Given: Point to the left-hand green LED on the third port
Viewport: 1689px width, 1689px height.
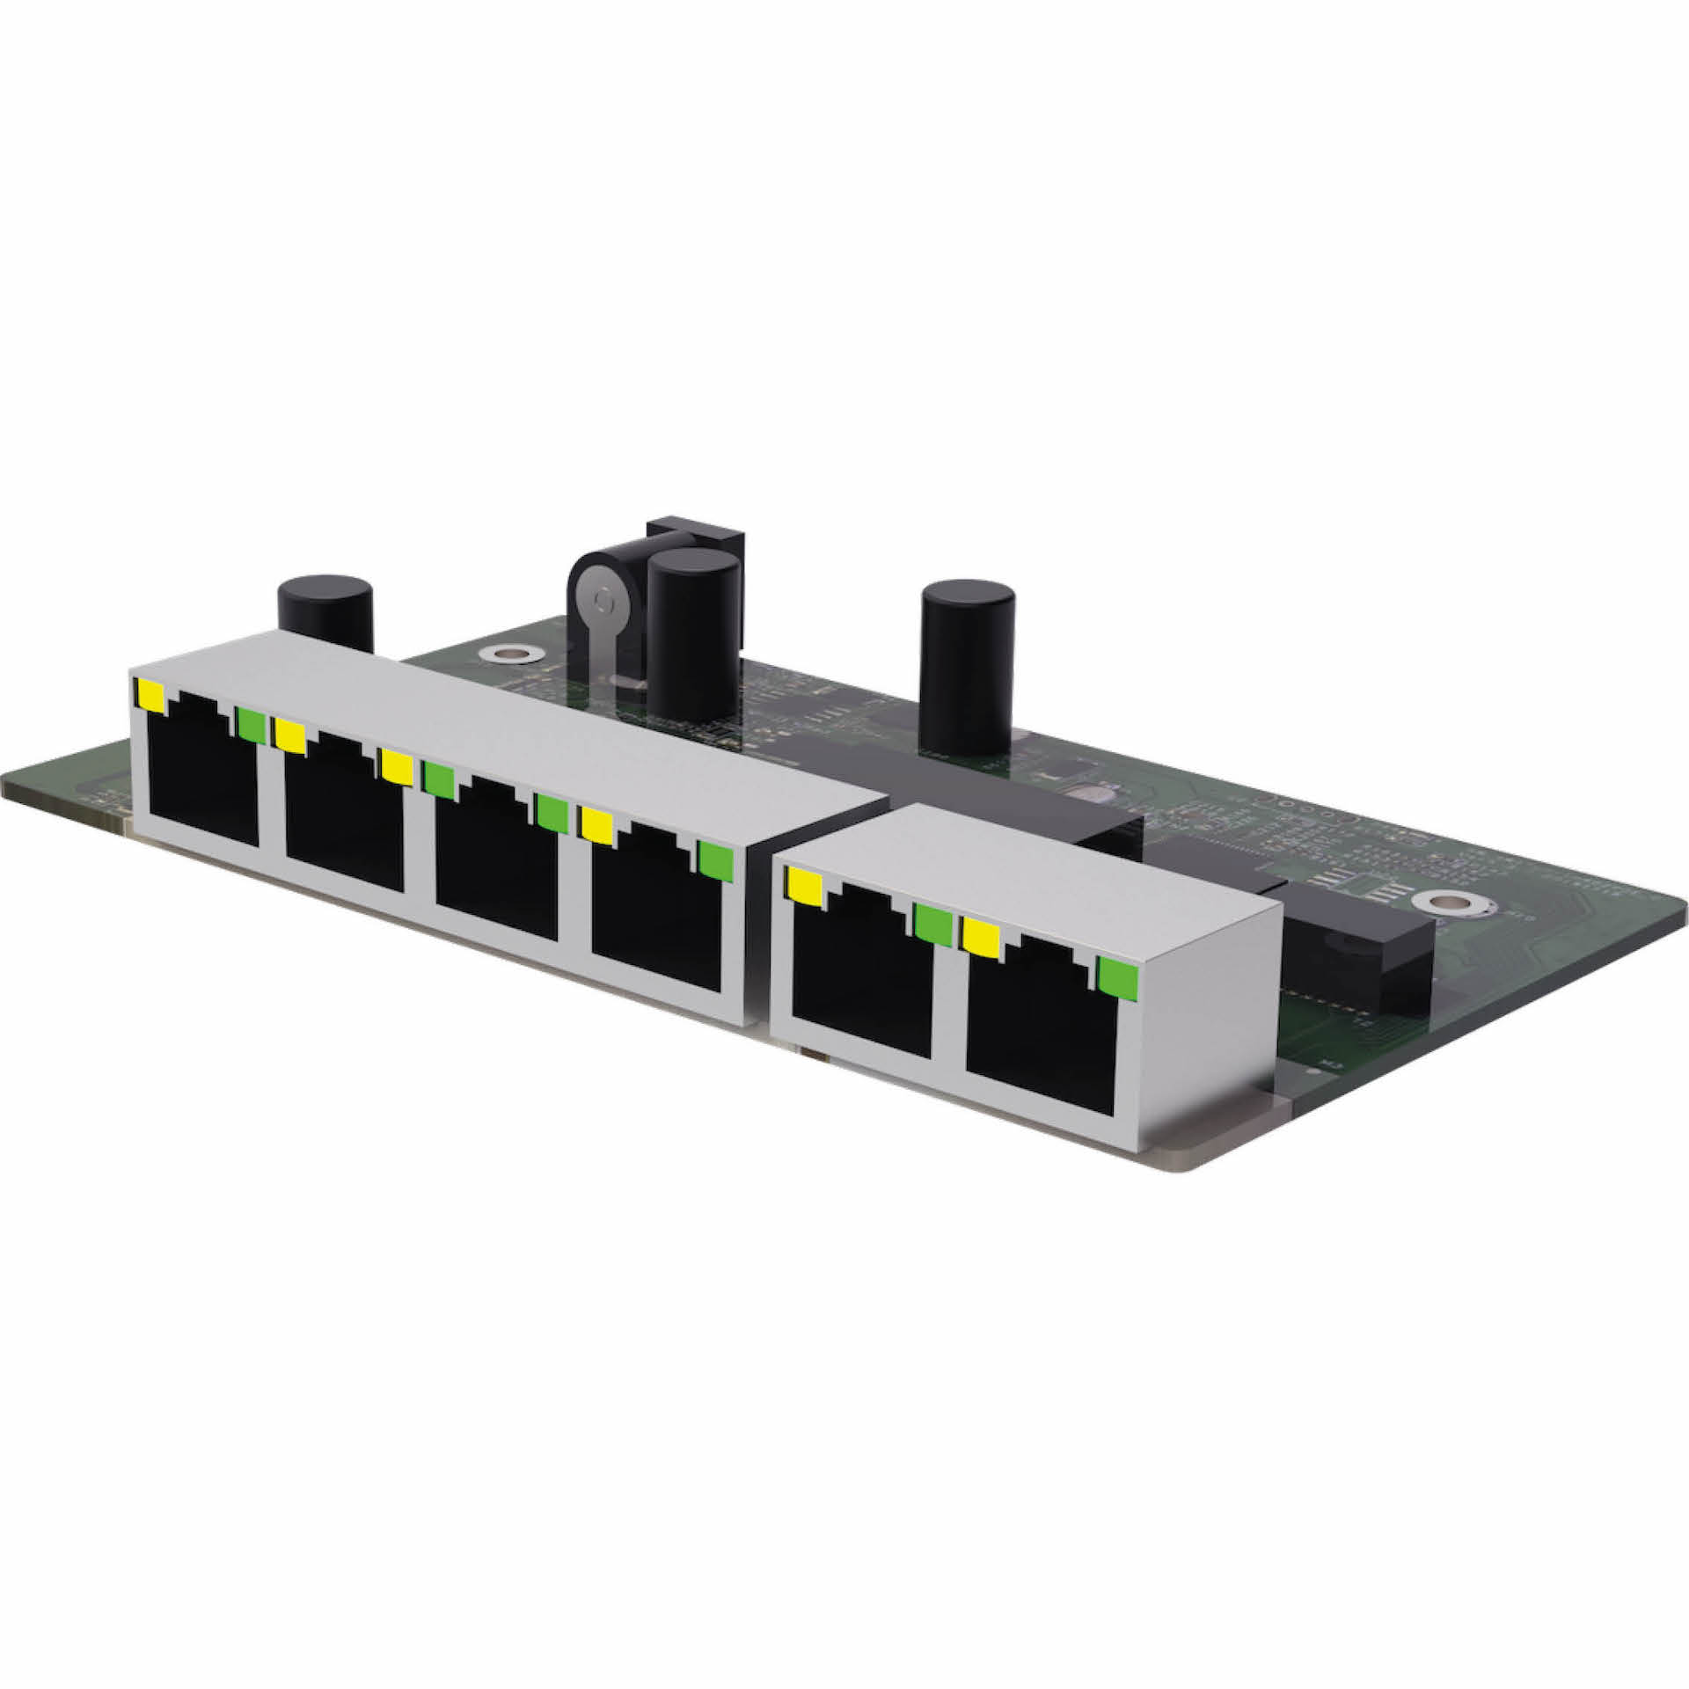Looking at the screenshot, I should click(439, 779).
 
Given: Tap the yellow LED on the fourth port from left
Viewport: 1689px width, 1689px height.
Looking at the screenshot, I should click(596, 825).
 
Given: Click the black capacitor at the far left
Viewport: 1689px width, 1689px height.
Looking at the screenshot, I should click(325, 607).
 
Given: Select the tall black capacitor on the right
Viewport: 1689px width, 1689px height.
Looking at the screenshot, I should click(967, 669).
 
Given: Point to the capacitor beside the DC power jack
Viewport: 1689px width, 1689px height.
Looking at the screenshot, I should click(692, 633).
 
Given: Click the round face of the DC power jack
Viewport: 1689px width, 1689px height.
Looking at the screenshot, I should click(602, 602).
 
